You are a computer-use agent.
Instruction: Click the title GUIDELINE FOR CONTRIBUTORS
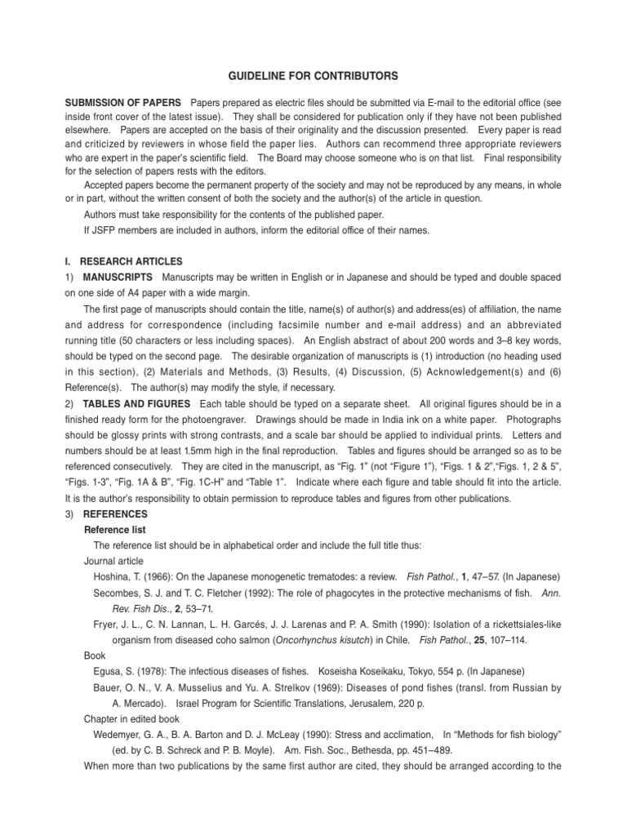[x=313, y=76]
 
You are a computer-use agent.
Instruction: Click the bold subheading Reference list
[x=115, y=530]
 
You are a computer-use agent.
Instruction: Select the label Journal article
[x=113, y=561]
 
